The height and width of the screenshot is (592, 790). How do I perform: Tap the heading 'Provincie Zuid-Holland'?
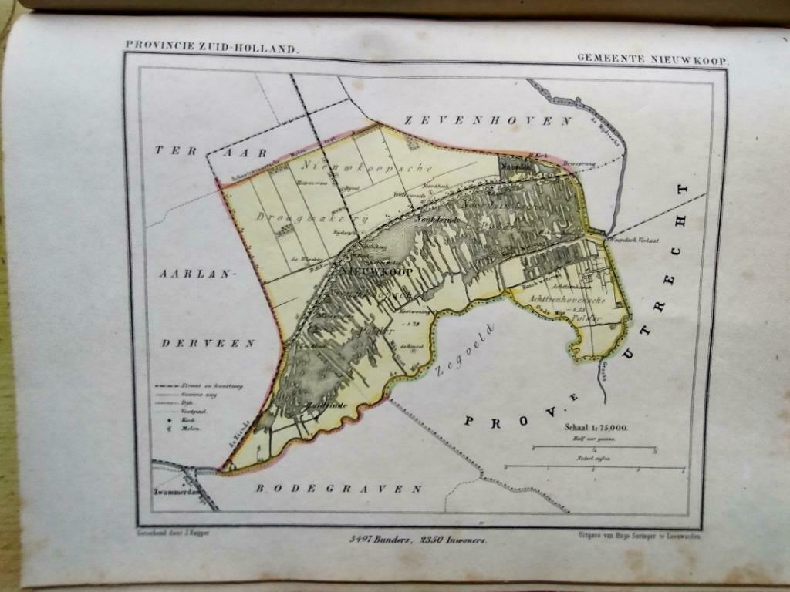(x=211, y=48)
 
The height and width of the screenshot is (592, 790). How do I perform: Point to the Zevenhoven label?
(x=488, y=121)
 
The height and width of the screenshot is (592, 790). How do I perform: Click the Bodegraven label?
(x=339, y=489)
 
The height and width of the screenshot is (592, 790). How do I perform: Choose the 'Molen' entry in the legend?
(x=190, y=428)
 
